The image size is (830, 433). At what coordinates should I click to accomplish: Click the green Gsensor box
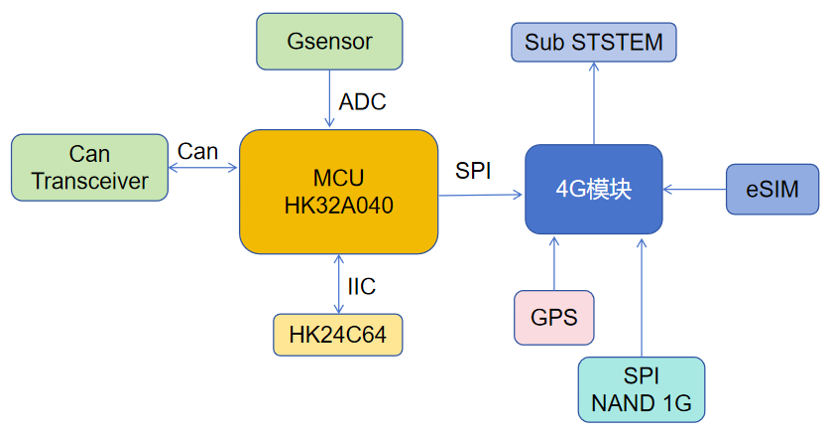pos(329,42)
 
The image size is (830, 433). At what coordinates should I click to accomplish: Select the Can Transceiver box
pos(89,167)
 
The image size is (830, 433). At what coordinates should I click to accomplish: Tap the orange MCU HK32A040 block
pos(338,191)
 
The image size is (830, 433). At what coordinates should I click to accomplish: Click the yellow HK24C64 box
pos(337,335)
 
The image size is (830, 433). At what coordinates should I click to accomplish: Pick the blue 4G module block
pos(593,190)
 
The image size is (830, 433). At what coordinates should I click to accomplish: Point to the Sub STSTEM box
pos(594,42)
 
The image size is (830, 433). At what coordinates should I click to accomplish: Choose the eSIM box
pos(772,189)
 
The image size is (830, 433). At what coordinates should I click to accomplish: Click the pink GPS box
pos(553,318)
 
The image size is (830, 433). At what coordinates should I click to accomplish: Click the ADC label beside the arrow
pos(362,101)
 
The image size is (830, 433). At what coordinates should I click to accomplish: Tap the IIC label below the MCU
pos(361,287)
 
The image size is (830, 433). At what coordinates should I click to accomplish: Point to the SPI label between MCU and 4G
pos(473,170)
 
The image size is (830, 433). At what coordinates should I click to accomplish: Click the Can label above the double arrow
pos(198,151)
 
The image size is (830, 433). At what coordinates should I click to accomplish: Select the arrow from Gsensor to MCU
pos(329,100)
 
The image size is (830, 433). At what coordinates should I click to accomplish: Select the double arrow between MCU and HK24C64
pos(339,284)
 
